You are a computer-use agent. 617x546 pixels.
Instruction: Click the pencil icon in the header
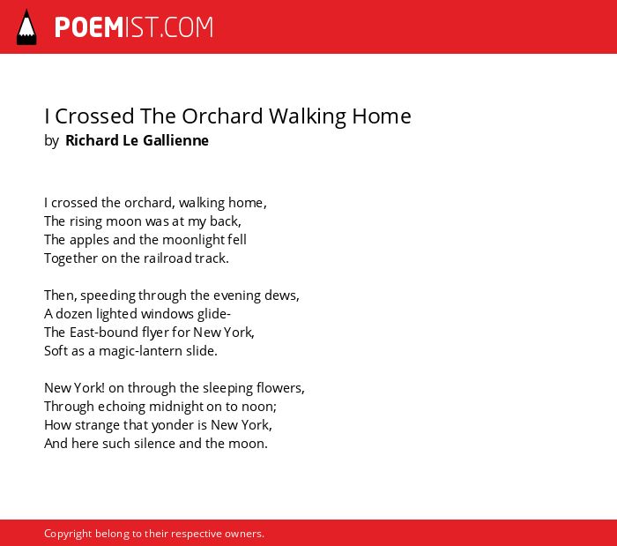pos(26,27)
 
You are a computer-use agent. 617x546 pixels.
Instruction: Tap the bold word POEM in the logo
pos(89,27)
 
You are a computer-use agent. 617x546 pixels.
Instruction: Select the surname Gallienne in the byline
pos(175,140)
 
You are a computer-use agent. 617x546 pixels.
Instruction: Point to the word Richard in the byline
pos(92,140)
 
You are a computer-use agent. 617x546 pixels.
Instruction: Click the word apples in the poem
pos(90,240)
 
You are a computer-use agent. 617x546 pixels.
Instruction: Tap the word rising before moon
pos(85,221)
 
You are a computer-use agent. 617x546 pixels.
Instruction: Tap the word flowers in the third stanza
pos(280,388)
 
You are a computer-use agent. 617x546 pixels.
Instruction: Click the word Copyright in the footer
pos(68,534)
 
